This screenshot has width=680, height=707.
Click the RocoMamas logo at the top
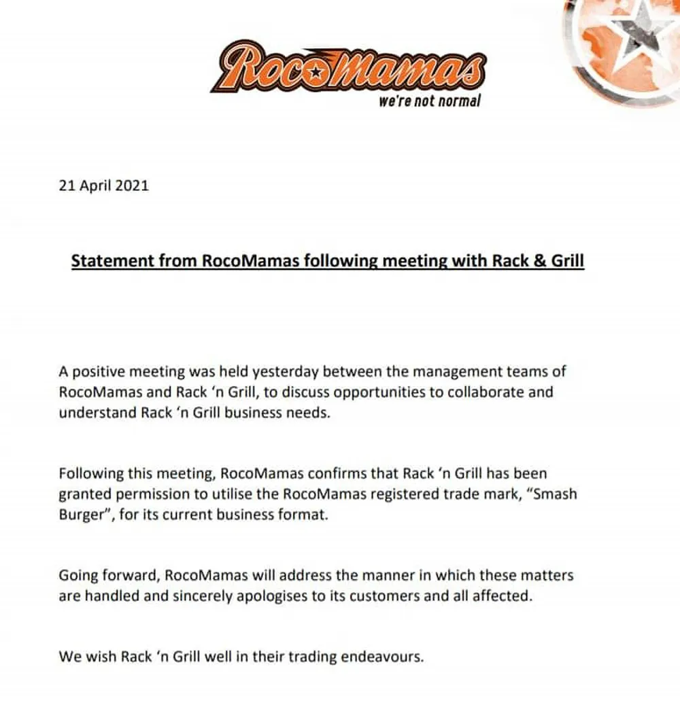pyautogui.click(x=348, y=66)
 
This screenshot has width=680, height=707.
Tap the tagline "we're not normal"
pyautogui.click(x=429, y=101)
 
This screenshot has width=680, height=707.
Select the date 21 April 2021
pyautogui.click(x=104, y=185)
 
